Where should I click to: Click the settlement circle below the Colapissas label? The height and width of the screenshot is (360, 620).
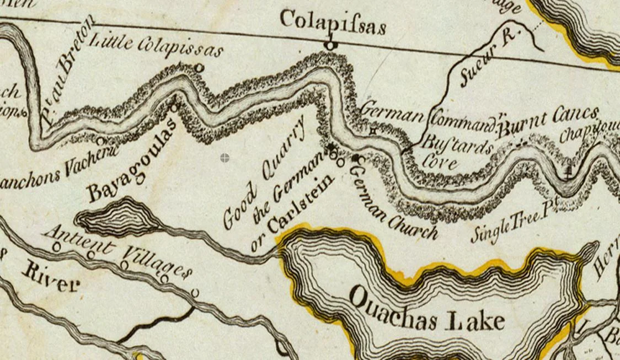[x=330, y=45]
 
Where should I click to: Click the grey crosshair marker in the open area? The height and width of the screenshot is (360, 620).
[x=225, y=158]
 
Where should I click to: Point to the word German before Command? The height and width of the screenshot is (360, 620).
[x=392, y=115]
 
